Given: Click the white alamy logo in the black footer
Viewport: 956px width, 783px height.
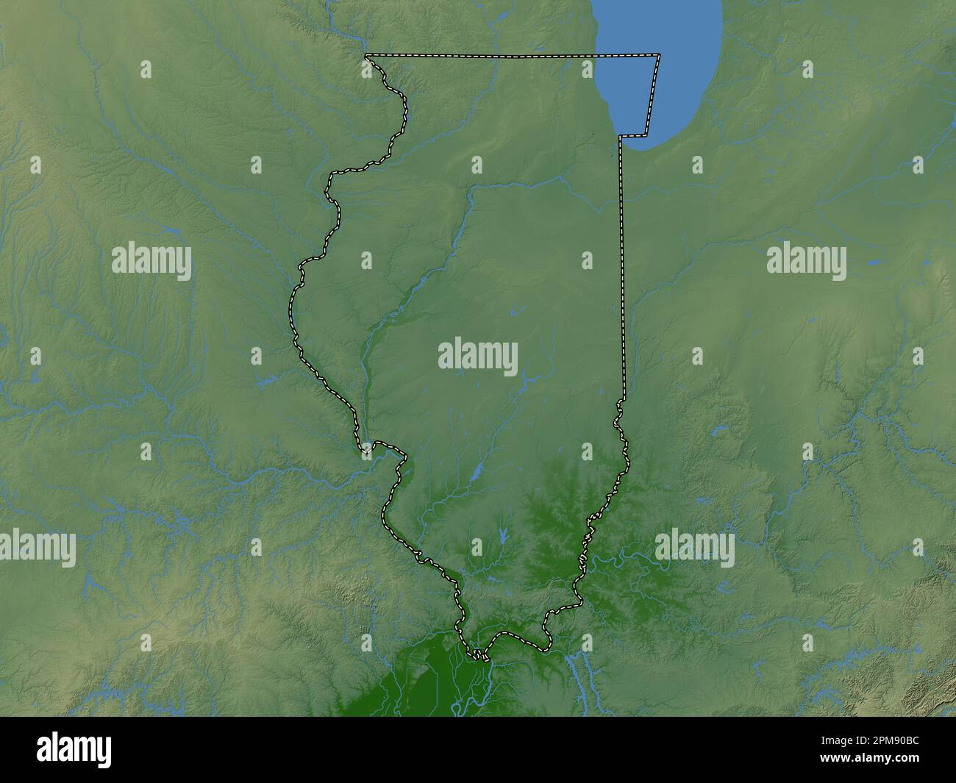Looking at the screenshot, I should tap(74, 749).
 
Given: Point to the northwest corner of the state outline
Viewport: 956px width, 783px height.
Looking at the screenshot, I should tap(366, 56).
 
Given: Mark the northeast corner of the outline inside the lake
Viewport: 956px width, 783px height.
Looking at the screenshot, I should tap(658, 55).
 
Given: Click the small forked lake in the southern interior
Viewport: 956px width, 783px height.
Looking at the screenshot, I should tap(502, 535).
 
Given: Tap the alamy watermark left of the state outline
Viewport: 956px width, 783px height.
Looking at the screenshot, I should tap(151, 262).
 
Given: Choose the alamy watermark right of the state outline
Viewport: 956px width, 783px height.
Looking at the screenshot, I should tap(806, 260).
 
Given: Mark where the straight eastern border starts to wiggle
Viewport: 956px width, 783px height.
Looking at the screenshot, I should tap(622, 401).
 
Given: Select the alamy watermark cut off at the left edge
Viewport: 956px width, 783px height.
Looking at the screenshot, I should tap(37, 548).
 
